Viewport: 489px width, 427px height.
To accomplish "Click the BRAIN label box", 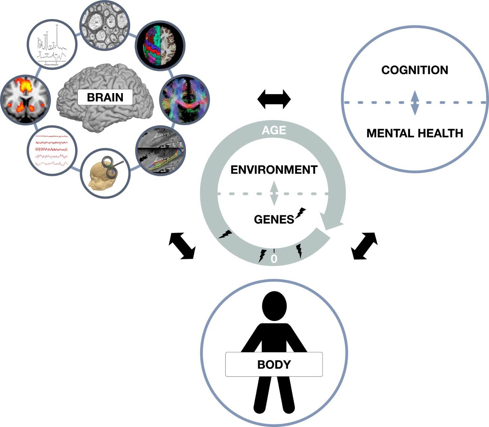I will [x=105, y=97].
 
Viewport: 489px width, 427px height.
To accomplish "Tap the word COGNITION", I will [x=415, y=70].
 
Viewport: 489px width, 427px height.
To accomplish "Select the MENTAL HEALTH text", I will [x=415, y=133].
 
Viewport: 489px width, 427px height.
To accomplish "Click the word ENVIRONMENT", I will [x=274, y=170].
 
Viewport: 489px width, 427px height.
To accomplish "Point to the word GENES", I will [x=274, y=220].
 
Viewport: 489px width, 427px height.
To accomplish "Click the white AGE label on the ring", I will [x=274, y=130].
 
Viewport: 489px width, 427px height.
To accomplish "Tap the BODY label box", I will [x=274, y=365].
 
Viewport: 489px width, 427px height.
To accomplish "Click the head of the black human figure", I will [x=274, y=306].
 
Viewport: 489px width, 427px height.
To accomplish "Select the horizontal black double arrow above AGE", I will [x=274, y=99].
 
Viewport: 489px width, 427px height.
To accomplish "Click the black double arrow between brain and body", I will [x=182, y=246].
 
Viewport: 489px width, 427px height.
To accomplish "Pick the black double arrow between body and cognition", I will [x=364, y=246].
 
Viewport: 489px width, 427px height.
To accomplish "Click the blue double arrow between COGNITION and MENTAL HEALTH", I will [x=415, y=103].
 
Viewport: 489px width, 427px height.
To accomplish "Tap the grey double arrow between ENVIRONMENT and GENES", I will [x=274, y=193].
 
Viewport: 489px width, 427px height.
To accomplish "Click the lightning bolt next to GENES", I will [x=301, y=213].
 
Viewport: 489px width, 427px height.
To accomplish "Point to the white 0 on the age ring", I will [x=274, y=259].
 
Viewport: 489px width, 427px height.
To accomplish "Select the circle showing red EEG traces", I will [x=52, y=151].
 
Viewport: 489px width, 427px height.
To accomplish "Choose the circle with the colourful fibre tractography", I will [x=184, y=99].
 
